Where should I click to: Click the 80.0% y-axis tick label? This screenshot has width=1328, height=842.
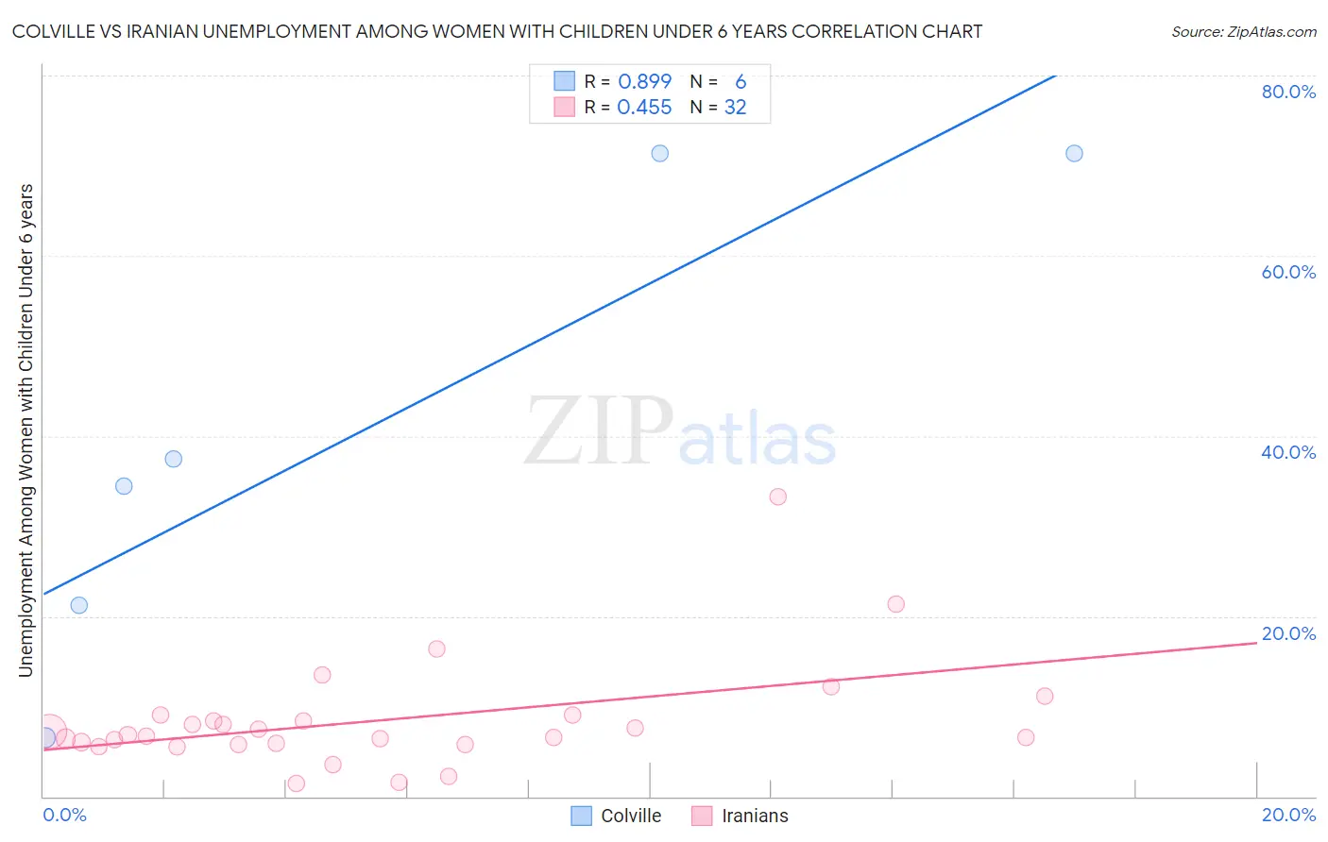1288,92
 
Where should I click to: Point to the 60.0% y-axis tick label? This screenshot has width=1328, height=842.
1288,272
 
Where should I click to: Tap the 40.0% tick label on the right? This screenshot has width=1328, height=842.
1288,452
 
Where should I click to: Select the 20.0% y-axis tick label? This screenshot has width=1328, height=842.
1288,633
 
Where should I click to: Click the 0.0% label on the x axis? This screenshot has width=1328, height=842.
64,815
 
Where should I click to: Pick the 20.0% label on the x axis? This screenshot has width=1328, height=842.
1288,815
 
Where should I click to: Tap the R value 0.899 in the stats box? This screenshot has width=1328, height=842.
644,82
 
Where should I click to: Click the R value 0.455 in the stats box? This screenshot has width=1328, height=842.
644,108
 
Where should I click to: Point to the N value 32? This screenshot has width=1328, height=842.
735,108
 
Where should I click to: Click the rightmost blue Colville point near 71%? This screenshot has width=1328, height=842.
1074,153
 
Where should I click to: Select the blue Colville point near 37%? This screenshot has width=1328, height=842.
173,459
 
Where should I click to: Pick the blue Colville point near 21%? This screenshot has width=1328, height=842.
79,605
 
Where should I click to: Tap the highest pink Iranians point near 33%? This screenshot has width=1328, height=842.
777,497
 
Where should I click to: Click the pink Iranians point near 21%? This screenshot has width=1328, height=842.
896,604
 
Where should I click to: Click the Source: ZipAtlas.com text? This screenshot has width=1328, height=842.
1243,32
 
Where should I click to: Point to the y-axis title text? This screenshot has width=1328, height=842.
26,429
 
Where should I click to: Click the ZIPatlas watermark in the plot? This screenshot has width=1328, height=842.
680,432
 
